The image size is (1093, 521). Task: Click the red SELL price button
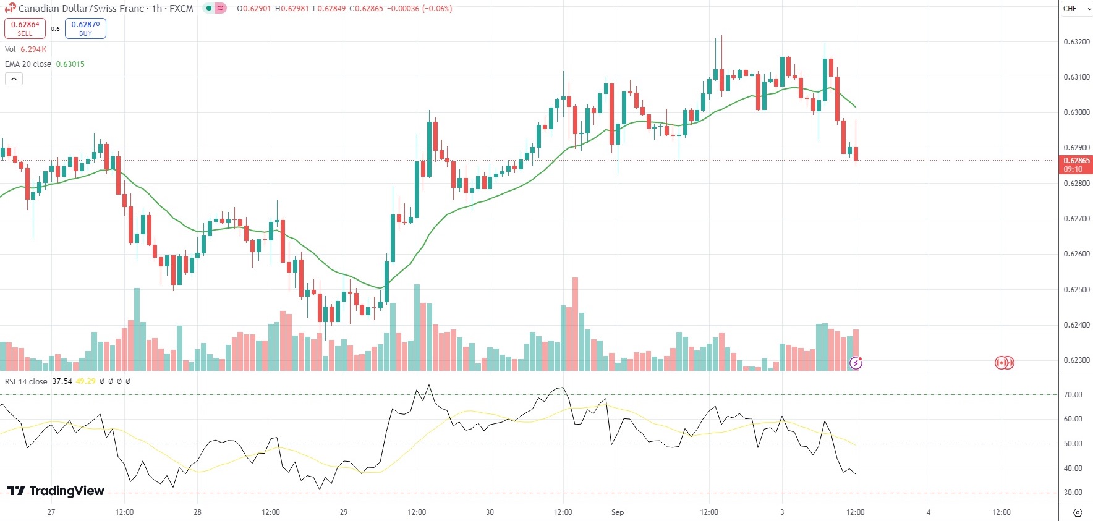(x=25, y=28)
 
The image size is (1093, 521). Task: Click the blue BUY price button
(x=85, y=28)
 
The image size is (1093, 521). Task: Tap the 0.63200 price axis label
(x=1076, y=42)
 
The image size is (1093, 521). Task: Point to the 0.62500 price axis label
(x=1076, y=290)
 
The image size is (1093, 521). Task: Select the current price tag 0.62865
(x=1076, y=164)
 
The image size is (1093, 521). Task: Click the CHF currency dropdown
(x=1076, y=9)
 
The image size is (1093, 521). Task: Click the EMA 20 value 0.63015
(x=70, y=64)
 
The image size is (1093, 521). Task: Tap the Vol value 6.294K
(x=33, y=49)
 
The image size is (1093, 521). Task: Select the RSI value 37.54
(x=62, y=381)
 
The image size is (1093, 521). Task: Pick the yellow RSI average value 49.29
(x=85, y=381)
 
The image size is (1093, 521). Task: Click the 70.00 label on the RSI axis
(x=1073, y=395)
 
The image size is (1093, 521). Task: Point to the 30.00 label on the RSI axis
(x=1073, y=493)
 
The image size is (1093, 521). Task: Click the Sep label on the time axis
(x=618, y=512)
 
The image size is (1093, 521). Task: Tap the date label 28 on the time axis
(x=197, y=512)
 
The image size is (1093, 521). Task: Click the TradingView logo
(x=56, y=491)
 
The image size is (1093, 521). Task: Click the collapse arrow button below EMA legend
(x=14, y=78)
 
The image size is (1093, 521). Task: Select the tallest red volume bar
(x=576, y=324)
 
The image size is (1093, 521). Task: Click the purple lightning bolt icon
(x=856, y=363)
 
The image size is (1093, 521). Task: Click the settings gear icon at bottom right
(x=1078, y=512)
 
